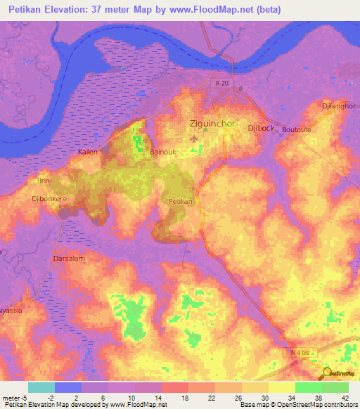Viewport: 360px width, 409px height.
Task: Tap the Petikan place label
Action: point(181,201)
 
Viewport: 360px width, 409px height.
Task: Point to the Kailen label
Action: point(88,152)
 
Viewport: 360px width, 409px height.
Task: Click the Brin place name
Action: point(44,181)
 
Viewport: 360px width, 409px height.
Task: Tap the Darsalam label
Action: point(70,259)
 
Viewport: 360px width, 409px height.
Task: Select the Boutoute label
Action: point(296,130)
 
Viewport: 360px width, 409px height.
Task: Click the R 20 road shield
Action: point(222,84)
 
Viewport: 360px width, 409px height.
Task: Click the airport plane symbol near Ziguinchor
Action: point(194,138)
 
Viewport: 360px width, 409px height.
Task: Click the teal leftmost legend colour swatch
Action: point(41,387)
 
